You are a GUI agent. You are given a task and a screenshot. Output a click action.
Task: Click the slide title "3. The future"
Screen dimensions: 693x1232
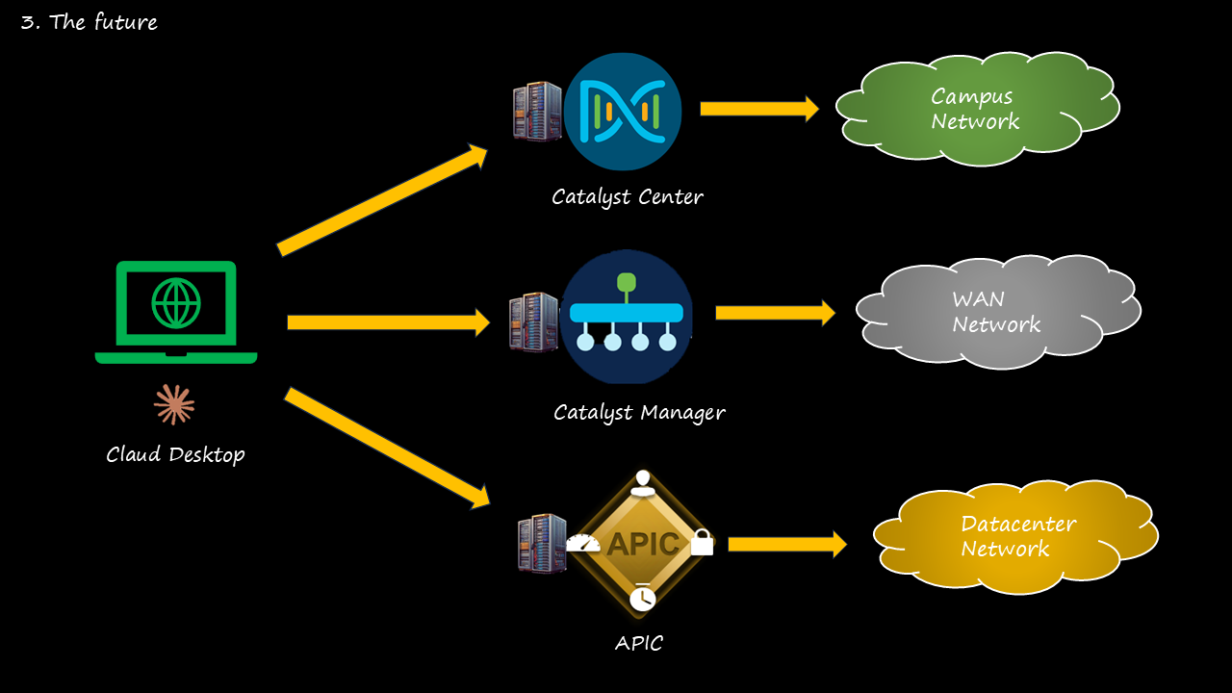coord(89,22)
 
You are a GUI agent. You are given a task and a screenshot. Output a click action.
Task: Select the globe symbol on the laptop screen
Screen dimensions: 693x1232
coord(176,302)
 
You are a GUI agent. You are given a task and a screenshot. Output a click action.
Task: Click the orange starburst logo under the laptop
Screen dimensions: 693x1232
coord(174,404)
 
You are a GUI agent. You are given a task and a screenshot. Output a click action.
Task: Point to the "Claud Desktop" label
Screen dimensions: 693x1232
coord(175,454)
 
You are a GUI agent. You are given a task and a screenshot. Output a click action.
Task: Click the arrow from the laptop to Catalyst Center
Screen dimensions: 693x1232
coord(383,199)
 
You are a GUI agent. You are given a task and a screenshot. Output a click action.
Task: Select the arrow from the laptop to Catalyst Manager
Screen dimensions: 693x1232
coord(389,321)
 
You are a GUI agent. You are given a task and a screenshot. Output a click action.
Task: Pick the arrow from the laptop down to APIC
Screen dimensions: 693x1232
coord(387,448)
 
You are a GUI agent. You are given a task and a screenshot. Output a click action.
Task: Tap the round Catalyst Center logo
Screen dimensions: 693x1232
coord(623,111)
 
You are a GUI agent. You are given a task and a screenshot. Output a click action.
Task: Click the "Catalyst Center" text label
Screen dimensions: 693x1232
coord(628,197)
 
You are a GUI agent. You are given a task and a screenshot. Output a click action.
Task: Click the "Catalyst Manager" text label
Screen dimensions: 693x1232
coord(639,413)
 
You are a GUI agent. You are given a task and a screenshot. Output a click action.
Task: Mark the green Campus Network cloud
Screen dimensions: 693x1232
coord(976,109)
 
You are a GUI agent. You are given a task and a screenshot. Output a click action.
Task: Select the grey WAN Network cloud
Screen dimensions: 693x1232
coord(997,311)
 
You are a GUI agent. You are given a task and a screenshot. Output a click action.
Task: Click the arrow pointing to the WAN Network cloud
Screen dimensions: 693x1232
coord(775,313)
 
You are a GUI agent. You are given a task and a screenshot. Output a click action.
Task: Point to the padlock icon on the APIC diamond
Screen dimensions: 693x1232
coord(702,542)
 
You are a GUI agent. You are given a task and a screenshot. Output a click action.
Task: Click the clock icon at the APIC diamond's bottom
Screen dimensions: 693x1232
coord(642,599)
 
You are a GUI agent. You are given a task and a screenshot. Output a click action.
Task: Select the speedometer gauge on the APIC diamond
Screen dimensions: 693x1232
coord(583,543)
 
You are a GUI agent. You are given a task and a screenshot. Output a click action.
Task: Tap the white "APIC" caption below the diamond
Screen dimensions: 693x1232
coord(639,643)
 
